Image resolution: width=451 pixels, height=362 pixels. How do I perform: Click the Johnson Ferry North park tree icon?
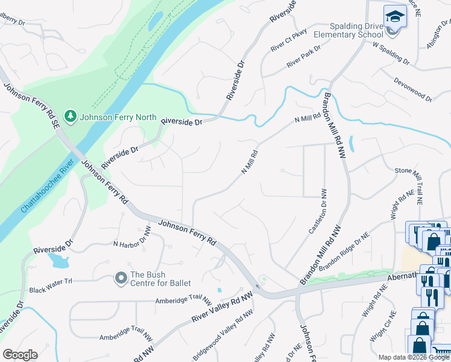71,115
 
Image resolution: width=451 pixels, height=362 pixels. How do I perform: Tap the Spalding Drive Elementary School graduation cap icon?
395,16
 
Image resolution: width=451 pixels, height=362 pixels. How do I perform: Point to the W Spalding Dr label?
391,54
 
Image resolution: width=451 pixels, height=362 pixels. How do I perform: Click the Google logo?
20,355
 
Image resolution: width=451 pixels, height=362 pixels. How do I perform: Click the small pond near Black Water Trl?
59,260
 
